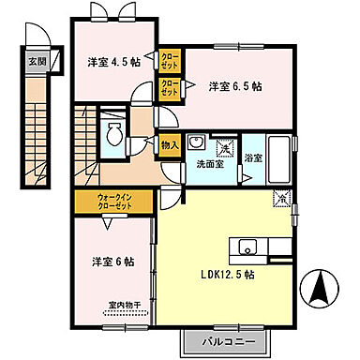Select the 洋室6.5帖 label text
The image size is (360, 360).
234,86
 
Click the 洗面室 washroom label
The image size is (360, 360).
209,164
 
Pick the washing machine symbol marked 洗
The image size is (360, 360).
225,147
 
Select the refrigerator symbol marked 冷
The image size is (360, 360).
279,198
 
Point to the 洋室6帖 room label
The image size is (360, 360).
112,261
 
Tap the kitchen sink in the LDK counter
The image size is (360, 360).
248,247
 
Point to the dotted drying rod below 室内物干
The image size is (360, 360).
123,315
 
